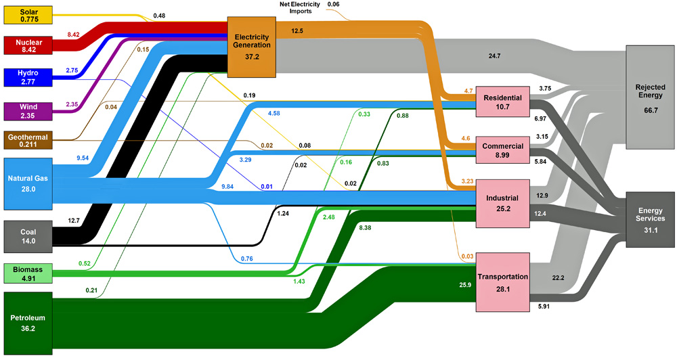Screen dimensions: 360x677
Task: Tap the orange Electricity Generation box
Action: (252, 46)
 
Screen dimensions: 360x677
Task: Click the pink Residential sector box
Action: (502, 103)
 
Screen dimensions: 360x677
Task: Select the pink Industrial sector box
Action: (502, 204)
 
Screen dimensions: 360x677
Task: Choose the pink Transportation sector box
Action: (502, 281)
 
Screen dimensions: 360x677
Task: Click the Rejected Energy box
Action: (650, 97)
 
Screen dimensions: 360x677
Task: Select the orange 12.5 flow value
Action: (297, 30)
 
